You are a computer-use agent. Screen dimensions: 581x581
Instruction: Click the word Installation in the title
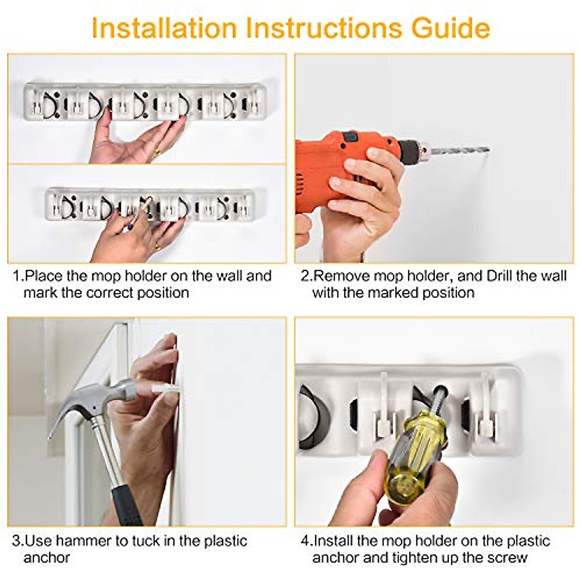(164, 28)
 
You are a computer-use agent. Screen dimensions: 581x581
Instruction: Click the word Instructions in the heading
(324, 28)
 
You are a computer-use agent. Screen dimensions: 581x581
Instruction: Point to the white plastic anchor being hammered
(167, 389)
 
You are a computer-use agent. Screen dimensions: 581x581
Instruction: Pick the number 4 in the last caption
(305, 541)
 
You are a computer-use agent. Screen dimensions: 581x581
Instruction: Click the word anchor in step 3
(47, 558)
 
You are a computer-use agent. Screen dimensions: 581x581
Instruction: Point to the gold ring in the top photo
(157, 151)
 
